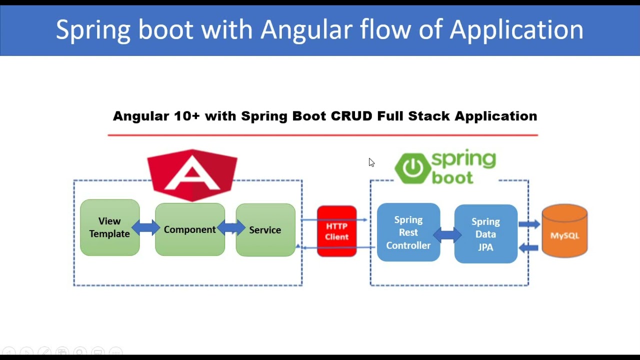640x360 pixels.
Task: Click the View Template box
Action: tap(109, 227)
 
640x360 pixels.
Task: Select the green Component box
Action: tap(190, 229)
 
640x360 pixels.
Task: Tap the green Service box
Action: tap(265, 230)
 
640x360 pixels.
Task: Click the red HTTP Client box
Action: tap(336, 231)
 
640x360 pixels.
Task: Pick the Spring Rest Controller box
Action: tap(408, 232)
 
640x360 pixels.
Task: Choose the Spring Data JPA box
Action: tap(485, 234)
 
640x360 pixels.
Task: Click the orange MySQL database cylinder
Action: tap(564, 231)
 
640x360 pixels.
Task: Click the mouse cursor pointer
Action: tap(371, 162)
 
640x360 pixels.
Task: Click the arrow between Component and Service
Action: tap(230, 228)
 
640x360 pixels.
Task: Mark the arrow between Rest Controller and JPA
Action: tap(447, 234)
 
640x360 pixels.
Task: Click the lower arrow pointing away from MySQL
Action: tap(529, 247)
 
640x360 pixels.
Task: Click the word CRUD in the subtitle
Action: tap(351, 116)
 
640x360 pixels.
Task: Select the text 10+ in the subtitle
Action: tap(186, 116)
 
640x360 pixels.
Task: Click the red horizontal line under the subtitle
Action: tap(322, 135)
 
